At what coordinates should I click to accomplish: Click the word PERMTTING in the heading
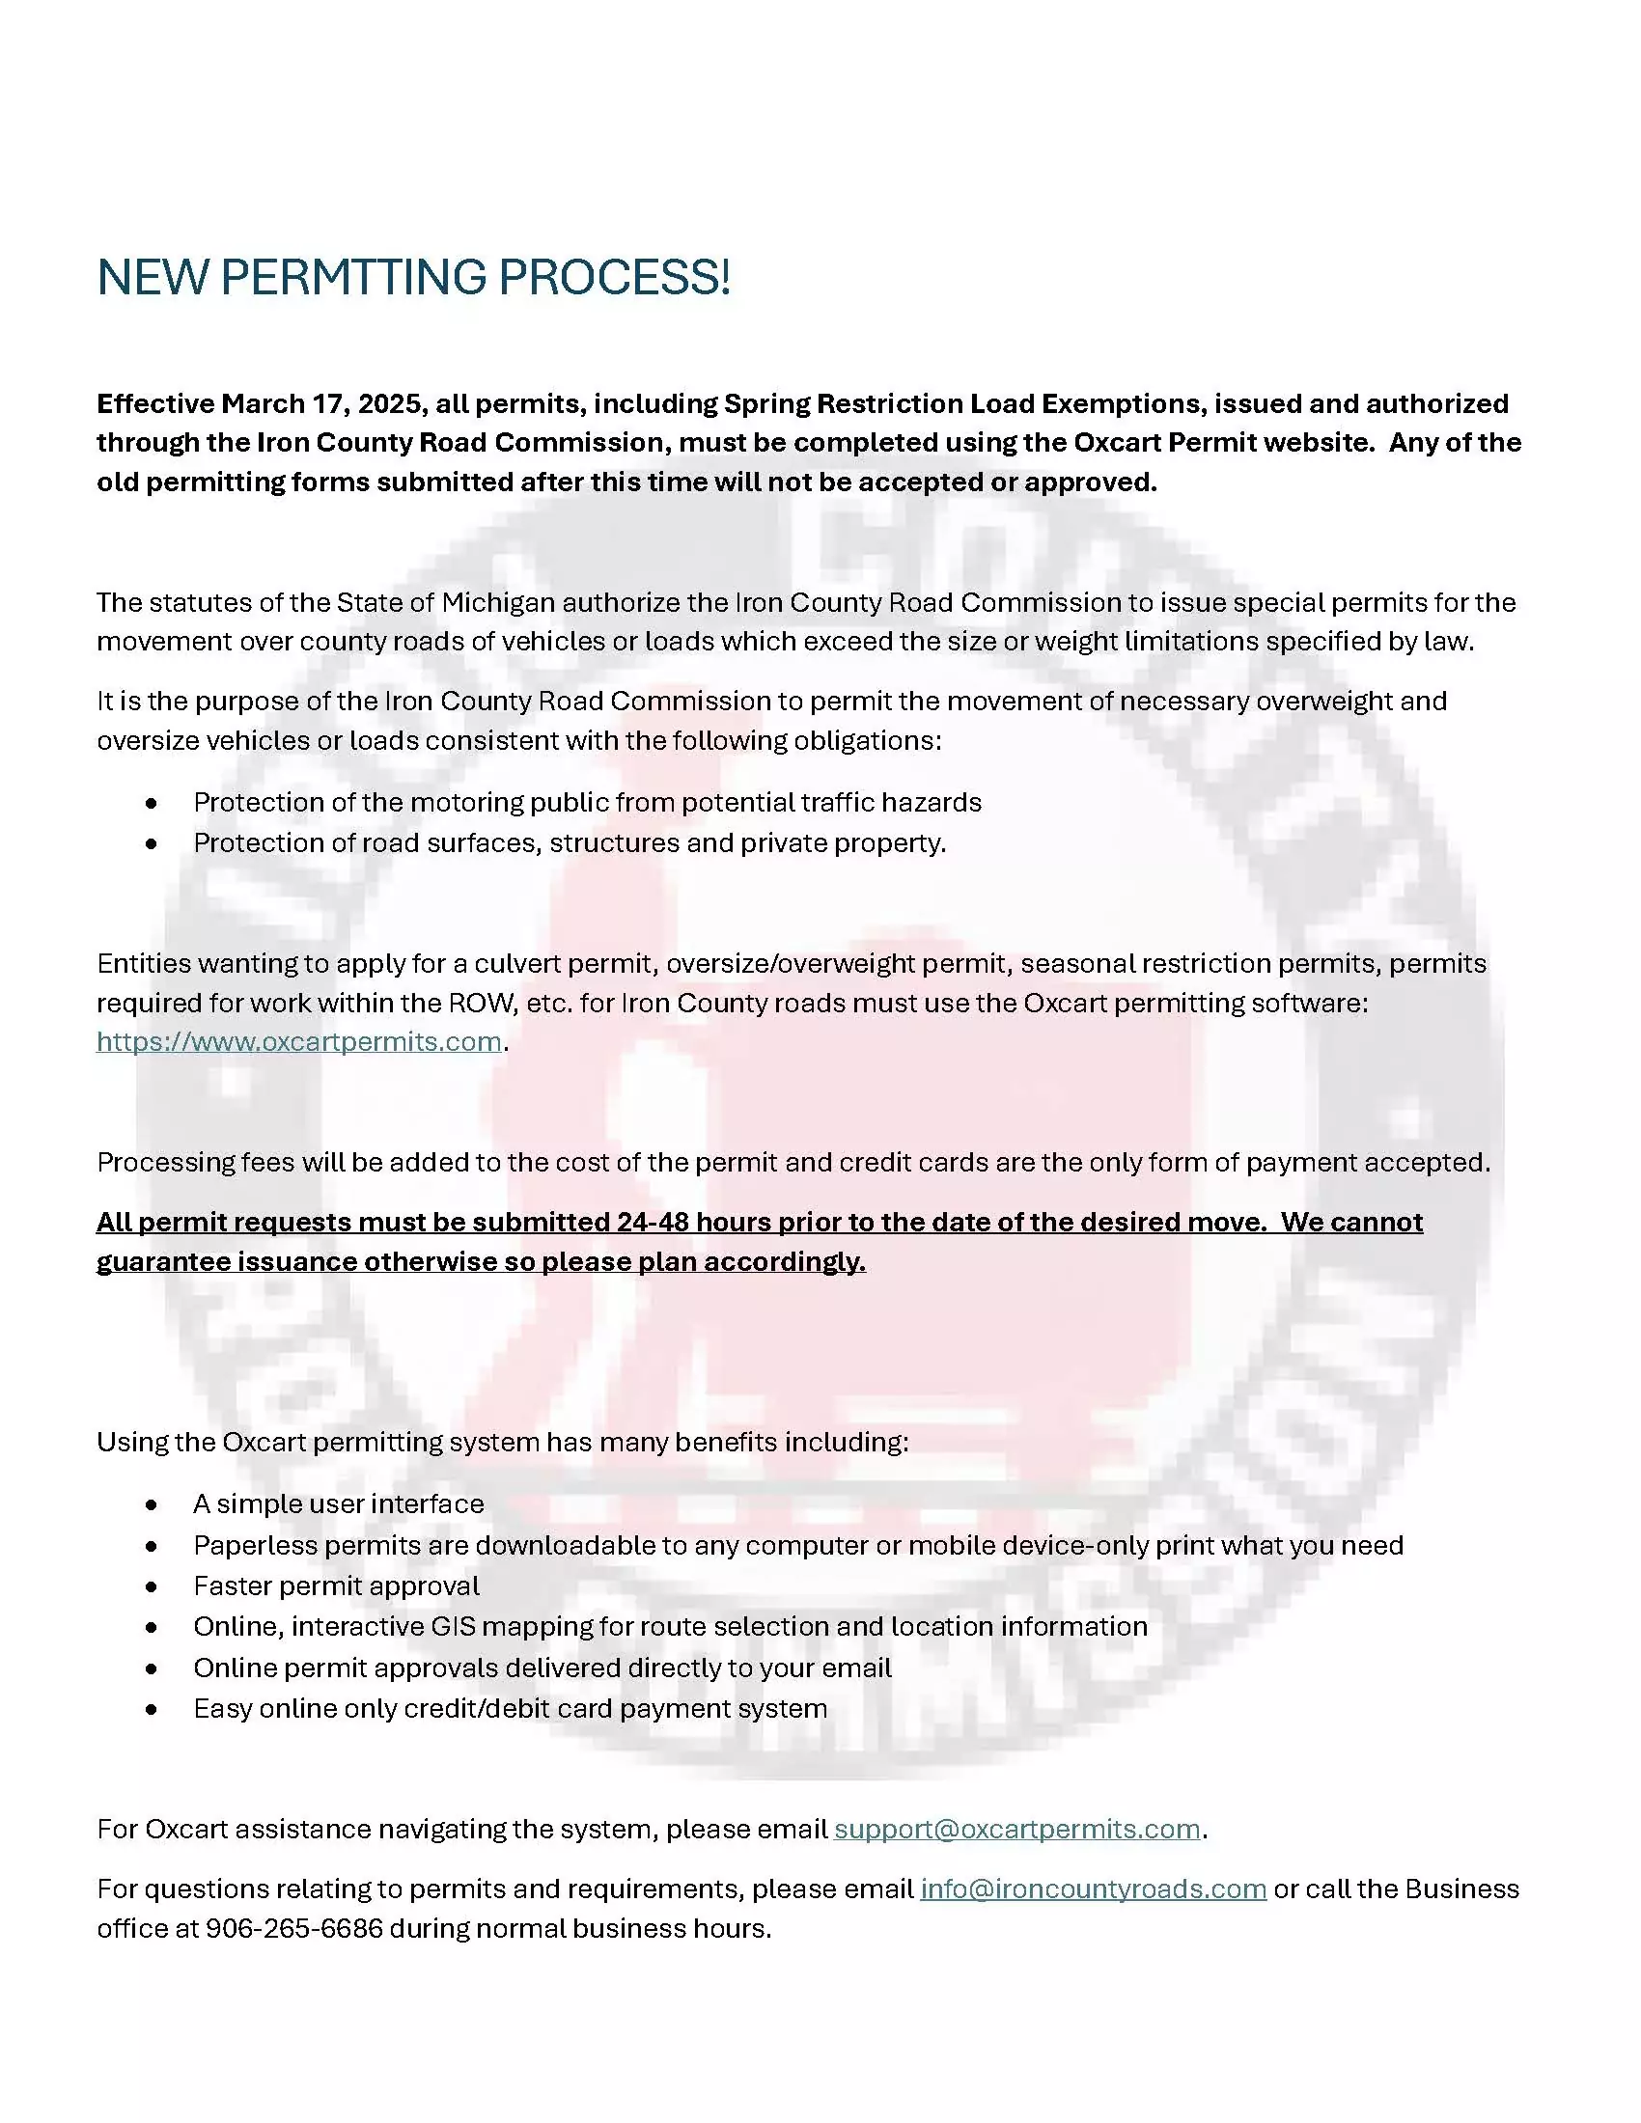353,278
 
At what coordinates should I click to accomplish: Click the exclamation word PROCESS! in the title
613,278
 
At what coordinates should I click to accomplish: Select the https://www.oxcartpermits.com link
298,1041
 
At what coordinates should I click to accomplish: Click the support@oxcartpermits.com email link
1016,1829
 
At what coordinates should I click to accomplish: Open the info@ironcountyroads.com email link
1093,1888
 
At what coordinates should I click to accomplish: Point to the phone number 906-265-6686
294,1928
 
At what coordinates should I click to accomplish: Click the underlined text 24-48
652,1222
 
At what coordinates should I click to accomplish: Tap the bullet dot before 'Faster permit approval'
151,1586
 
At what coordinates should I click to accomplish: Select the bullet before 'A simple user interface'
151,1504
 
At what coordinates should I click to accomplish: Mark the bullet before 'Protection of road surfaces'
151,843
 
